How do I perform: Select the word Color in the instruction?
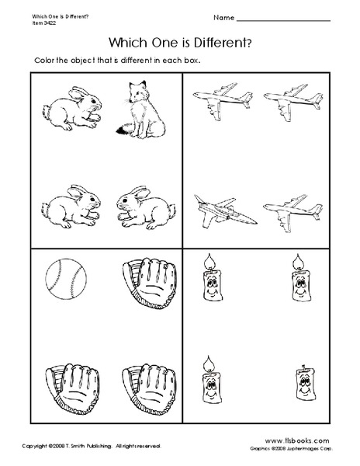click(x=44, y=61)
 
